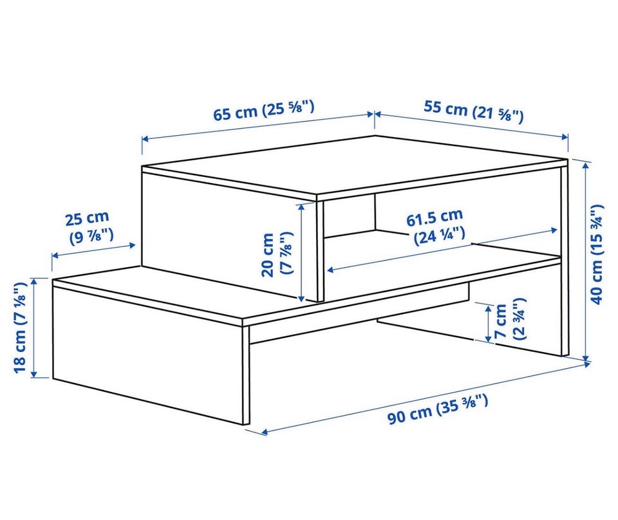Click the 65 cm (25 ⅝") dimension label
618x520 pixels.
click(264, 111)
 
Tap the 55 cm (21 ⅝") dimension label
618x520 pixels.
click(474, 111)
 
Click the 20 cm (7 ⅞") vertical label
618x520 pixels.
click(278, 254)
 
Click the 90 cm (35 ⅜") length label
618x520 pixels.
click(438, 410)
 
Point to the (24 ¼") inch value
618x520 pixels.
click(439, 236)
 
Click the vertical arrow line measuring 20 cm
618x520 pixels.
click(301, 252)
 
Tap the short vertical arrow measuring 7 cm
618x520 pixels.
click(488, 324)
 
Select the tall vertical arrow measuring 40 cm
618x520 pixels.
click(586, 261)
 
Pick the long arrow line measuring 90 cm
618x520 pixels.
click(426, 398)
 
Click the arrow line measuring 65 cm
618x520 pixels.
click(257, 126)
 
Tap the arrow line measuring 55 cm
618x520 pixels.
click(471, 125)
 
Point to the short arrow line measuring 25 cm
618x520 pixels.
click(94, 250)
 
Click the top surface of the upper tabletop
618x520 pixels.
click(355, 165)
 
